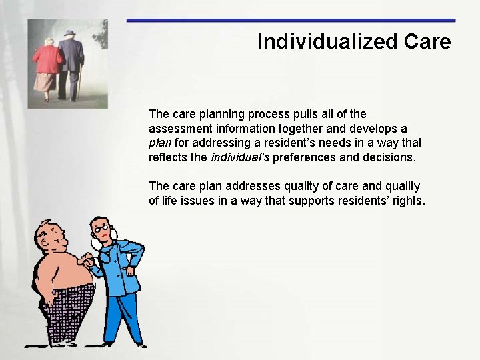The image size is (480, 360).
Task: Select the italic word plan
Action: [160, 143]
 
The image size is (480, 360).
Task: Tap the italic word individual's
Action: [240, 157]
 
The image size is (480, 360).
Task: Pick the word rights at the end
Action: [407, 201]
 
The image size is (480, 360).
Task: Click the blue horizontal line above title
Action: [291, 21]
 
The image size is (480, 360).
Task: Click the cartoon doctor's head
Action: [101, 232]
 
